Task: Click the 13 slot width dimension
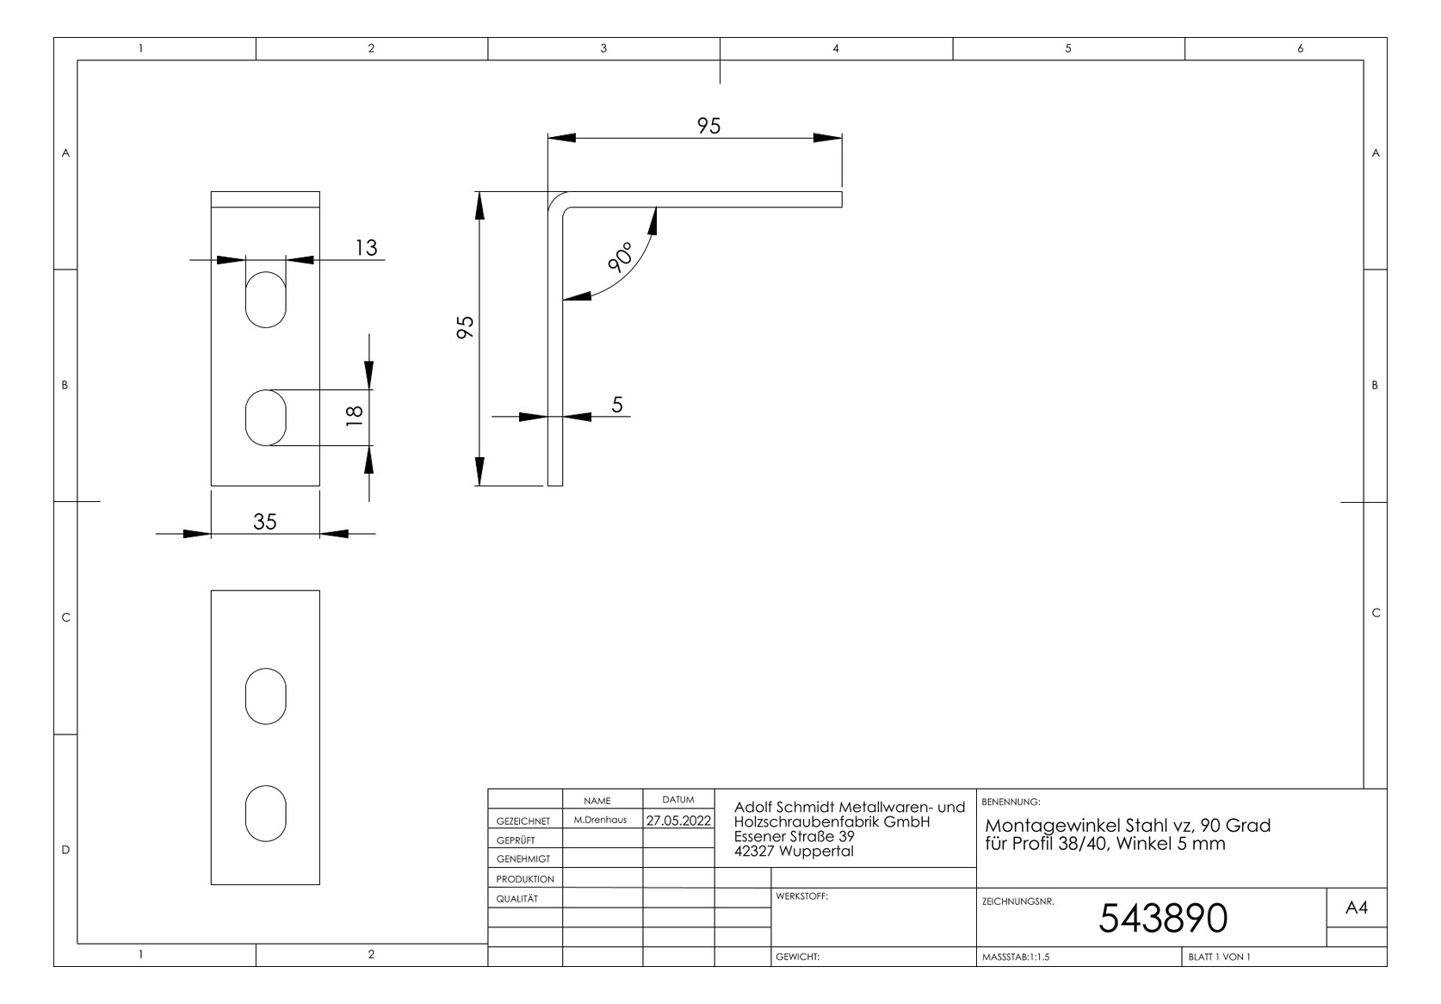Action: pyautogui.click(x=366, y=247)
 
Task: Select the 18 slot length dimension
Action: pyautogui.click(x=355, y=416)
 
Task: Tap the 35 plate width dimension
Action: pyautogui.click(x=264, y=521)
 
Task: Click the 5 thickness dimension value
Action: pyautogui.click(x=617, y=405)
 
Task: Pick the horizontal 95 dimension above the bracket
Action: pyautogui.click(x=708, y=126)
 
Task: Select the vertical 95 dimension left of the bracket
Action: pyautogui.click(x=465, y=327)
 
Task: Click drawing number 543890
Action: pyautogui.click(x=1163, y=918)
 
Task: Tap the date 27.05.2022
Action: pyautogui.click(x=678, y=821)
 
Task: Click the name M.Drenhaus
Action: pyautogui.click(x=600, y=820)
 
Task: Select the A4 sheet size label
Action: pyautogui.click(x=1356, y=908)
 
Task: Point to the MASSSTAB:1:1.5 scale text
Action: pyautogui.click(x=1016, y=957)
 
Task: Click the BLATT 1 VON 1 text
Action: pyautogui.click(x=1219, y=957)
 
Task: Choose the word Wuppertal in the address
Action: pyautogui.click(x=816, y=852)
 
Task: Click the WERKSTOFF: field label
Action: pyautogui.click(x=801, y=896)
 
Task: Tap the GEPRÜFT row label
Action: pyautogui.click(x=516, y=840)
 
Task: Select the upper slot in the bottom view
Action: pyautogui.click(x=266, y=697)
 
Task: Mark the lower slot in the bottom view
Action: pyautogui.click(x=266, y=814)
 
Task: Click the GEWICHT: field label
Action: pyautogui.click(x=798, y=957)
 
